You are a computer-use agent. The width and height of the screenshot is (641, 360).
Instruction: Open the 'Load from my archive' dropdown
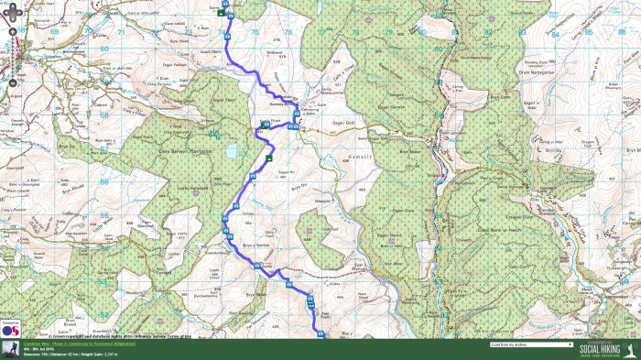531,345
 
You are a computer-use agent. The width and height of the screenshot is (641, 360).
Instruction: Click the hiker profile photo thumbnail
10,349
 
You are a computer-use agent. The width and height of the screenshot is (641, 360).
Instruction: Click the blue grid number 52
105,314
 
